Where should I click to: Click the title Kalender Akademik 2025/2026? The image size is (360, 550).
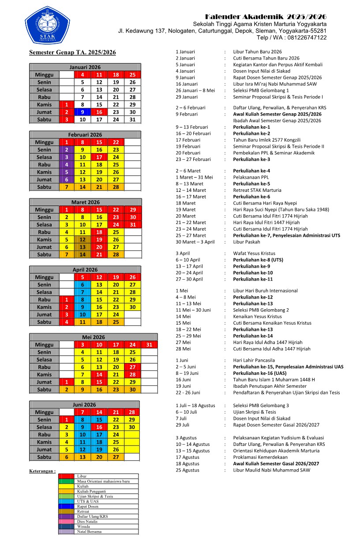(266, 16)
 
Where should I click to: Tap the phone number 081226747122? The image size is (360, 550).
(300, 37)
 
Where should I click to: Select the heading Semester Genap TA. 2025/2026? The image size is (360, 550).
(72, 52)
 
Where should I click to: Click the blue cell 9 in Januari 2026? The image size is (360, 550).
(82, 112)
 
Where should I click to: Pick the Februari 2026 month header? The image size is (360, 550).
(85, 135)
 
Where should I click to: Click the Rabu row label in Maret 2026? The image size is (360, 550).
(44, 232)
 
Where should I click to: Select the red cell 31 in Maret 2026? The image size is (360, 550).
(132, 224)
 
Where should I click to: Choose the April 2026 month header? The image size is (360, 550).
(85, 269)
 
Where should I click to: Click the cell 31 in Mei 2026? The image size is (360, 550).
(149, 344)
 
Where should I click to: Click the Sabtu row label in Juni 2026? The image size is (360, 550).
(44, 457)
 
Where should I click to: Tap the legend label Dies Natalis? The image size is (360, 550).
(87, 521)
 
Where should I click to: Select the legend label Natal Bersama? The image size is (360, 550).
(89, 531)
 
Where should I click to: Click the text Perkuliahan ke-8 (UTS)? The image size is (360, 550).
(258, 260)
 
